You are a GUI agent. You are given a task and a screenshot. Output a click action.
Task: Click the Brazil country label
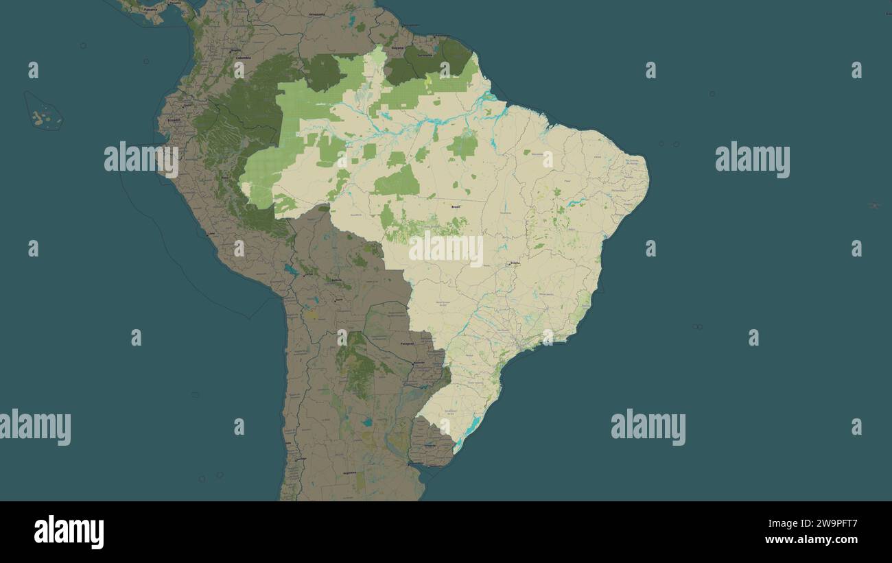454,206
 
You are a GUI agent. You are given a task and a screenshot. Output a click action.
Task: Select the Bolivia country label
336,280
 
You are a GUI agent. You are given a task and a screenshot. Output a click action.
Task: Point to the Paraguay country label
407,344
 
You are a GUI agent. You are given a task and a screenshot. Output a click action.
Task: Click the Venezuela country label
317,14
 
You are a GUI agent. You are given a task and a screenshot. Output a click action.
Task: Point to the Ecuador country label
174,120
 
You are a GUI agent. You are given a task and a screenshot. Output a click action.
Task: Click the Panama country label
150,10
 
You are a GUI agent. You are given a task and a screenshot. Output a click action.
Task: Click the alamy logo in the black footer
69,532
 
